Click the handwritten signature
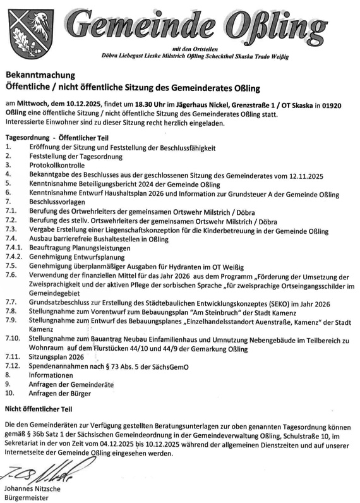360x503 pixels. click(39, 473)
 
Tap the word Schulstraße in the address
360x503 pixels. click(277, 435)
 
